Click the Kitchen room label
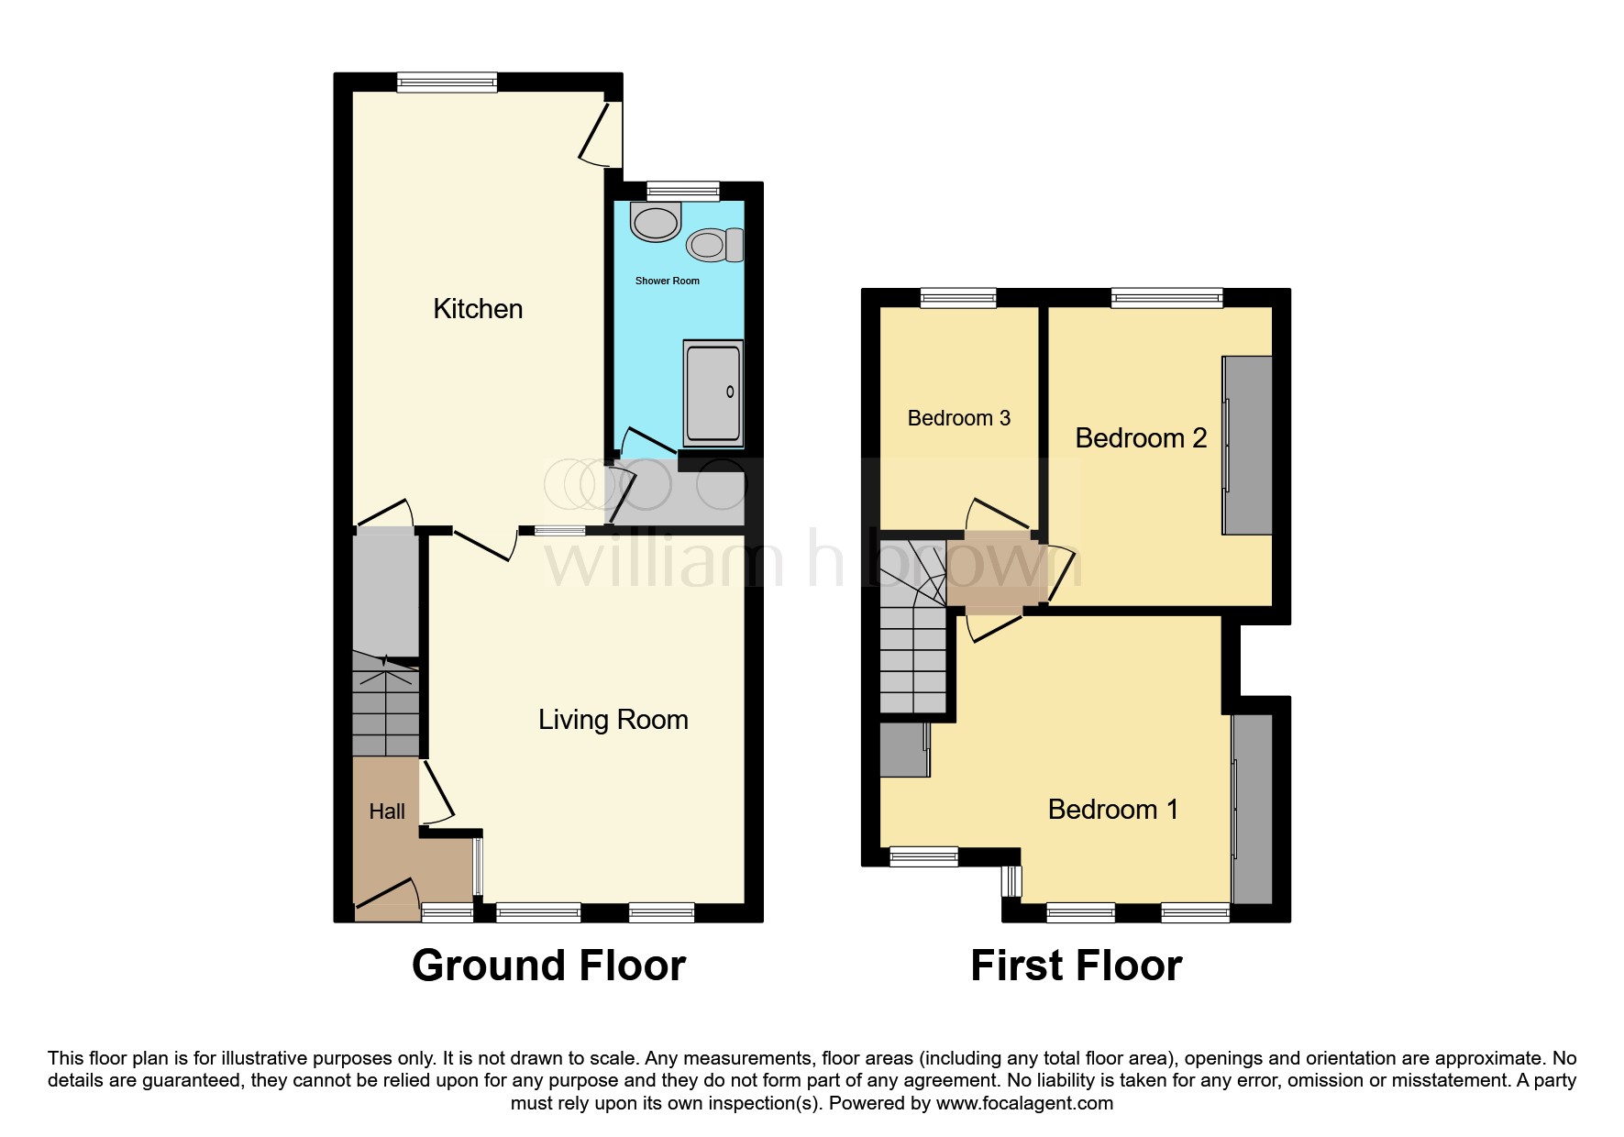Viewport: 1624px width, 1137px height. tap(478, 309)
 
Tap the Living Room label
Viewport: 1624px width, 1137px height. tap(613, 720)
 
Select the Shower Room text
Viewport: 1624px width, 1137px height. tap(667, 281)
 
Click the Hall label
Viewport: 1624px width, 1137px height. tap(387, 811)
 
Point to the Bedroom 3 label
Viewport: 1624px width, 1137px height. tap(958, 418)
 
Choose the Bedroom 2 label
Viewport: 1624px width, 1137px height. tap(1140, 438)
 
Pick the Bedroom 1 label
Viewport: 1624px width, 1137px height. tap(1112, 810)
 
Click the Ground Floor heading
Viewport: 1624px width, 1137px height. tap(548, 966)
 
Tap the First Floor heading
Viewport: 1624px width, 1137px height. tap(1076, 966)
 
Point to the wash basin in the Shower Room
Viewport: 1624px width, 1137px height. tap(656, 222)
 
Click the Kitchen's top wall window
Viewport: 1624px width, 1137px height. tap(447, 83)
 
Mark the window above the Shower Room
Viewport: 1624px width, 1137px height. tap(681, 192)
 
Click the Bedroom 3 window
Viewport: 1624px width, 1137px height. tap(957, 297)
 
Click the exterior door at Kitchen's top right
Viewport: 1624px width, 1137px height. tap(601, 133)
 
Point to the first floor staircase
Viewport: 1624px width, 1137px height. tap(912, 642)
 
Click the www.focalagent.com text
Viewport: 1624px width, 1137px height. tap(1024, 1103)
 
